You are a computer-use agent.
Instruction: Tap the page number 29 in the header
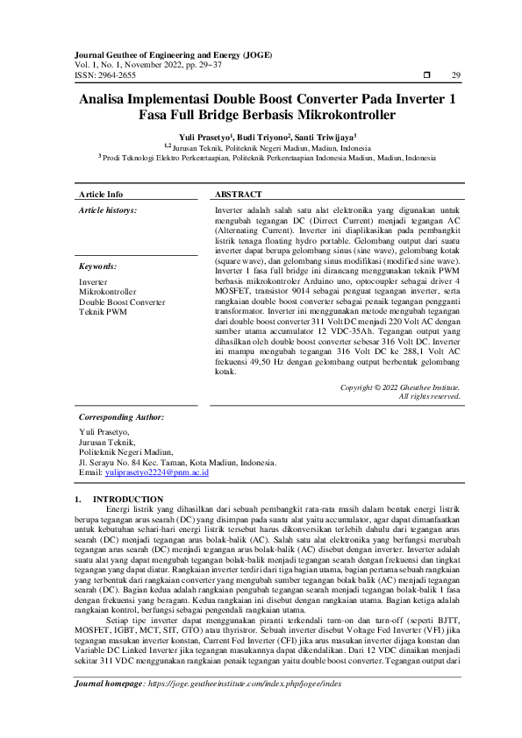455,76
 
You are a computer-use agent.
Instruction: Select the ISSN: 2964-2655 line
105,76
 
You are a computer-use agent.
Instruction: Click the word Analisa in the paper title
108,100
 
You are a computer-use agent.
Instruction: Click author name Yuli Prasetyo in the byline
204,138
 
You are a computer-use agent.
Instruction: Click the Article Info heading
101,195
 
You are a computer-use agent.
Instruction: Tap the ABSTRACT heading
238,195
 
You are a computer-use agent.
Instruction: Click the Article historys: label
108,211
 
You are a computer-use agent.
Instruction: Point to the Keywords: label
98,266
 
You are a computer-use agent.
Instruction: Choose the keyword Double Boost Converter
122,302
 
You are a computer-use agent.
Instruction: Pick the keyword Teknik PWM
103,312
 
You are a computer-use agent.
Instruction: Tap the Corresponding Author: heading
121,417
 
